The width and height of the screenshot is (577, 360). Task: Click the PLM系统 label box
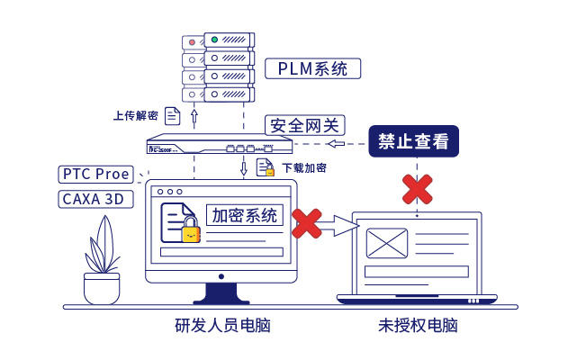click(x=312, y=69)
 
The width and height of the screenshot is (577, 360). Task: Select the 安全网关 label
click(x=305, y=125)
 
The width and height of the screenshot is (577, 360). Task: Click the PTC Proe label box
click(x=95, y=174)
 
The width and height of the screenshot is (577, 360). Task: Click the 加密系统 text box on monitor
click(x=246, y=216)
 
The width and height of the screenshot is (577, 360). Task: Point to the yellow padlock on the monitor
click(x=191, y=231)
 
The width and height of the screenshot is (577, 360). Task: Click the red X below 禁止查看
click(x=416, y=188)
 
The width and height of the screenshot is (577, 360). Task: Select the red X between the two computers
click(x=307, y=223)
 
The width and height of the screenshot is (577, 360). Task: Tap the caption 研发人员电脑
click(x=221, y=326)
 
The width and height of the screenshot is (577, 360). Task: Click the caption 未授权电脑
click(x=417, y=326)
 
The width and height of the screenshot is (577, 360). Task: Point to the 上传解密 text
click(x=136, y=116)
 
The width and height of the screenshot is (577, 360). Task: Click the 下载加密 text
click(x=304, y=168)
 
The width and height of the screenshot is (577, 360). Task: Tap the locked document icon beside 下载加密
click(x=266, y=167)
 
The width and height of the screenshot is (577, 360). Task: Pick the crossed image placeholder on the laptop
click(x=387, y=243)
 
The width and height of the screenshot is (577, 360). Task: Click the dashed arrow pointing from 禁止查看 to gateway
click(x=345, y=143)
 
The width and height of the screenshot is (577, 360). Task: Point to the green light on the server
click(x=214, y=40)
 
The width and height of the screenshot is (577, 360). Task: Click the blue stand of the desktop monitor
click(x=221, y=292)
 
